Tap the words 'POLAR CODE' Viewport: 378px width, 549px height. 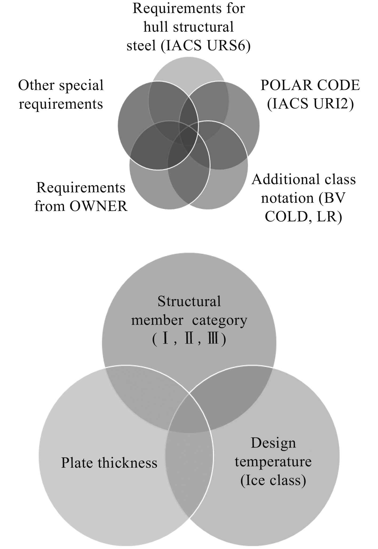[x=310, y=85]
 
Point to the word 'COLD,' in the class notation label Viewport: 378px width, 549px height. [x=285, y=217]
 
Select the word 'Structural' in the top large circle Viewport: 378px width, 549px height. [x=189, y=301]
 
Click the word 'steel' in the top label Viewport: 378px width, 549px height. [x=141, y=46]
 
